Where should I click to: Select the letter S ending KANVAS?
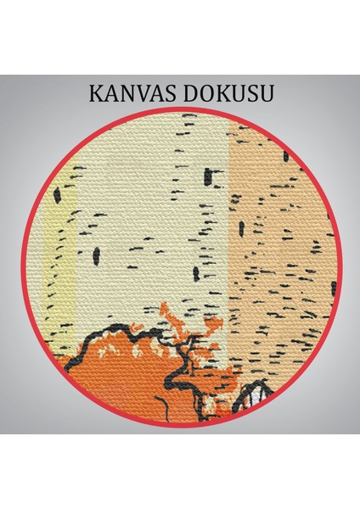[x=176, y=92]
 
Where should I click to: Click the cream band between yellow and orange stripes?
[x=153, y=212]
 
